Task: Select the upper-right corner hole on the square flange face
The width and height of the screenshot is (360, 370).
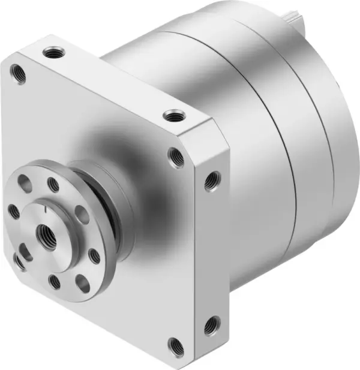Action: (176, 157)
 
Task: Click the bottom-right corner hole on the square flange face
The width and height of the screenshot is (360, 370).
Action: (175, 345)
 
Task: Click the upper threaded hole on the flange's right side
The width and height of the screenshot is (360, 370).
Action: (211, 181)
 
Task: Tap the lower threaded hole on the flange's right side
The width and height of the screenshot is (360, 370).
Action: (211, 326)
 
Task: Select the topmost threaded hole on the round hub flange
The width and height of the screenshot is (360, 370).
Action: (53, 185)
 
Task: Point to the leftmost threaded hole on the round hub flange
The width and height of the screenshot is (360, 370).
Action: (13, 210)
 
